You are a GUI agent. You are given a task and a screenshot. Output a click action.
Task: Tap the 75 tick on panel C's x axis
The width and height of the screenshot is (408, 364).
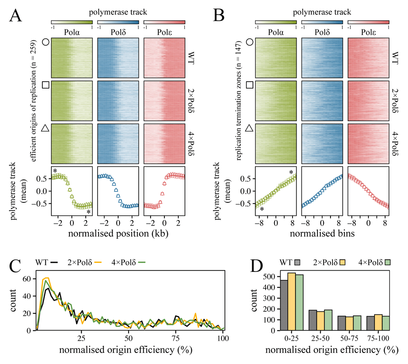coord(176,338)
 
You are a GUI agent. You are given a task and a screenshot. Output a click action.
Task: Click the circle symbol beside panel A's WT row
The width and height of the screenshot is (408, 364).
coord(46,42)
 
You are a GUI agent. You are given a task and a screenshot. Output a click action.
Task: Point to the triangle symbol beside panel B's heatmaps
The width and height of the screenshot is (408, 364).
coord(250,129)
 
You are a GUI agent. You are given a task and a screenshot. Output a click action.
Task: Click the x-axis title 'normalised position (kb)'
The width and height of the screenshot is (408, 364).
coord(119,235)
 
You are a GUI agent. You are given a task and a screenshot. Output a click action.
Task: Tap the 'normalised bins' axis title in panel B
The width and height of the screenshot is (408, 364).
coord(322,235)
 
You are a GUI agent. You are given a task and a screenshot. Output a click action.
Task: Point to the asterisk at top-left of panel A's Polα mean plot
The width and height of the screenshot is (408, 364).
coord(55,171)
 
